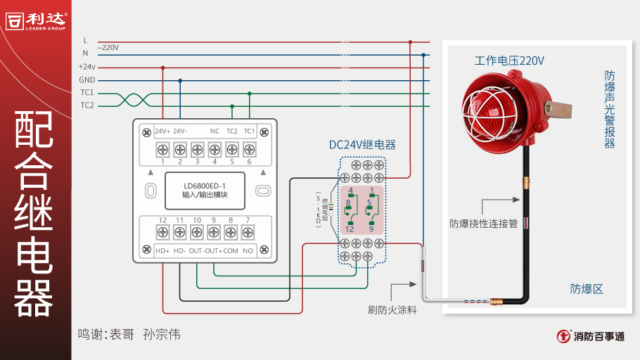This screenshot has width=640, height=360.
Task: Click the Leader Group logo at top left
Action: pyautogui.click(x=36, y=20)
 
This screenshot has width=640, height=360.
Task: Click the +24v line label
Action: pyautogui.click(x=87, y=67)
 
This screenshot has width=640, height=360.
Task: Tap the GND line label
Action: pyautogui.click(x=87, y=80)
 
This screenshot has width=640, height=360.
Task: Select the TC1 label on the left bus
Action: pyautogui.click(x=87, y=93)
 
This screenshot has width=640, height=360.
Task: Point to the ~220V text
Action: pyautogui.click(x=108, y=48)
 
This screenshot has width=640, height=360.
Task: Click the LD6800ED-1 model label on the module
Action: pyautogui.click(x=205, y=186)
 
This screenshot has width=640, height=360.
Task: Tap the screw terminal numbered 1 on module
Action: pyautogui.click(x=162, y=149)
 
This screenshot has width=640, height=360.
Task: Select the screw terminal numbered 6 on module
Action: pyautogui.click(x=248, y=149)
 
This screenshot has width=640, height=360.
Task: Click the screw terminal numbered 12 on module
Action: pyautogui.click(x=162, y=233)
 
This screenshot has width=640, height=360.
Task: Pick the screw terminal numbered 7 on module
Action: pyautogui.click(x=248, y=233)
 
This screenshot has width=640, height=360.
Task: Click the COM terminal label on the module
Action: pyautogui.click(x=231, y=251)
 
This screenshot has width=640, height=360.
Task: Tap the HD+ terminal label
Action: pyautogui.click(x=162, y=251)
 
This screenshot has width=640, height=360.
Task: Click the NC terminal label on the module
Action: pyautogui.click(x=215, y=131)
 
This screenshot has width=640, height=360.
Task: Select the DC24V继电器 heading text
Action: pyautogui.click(x=362, y=145)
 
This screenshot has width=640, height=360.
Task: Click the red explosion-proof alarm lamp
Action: pyautogui.click(x=500, y=105)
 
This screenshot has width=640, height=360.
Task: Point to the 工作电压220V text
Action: pyautogui.click(x=509, y=61)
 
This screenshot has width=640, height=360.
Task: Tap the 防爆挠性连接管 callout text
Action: pyautogui.click(x=483, y=224)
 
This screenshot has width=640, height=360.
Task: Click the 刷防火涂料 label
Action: pyautogui.click(x=392, y=309)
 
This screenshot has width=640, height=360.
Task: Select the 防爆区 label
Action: pyautogui.click(x=587, y=289)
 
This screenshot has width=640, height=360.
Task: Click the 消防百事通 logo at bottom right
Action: pyautogui.click(x=590, y=336)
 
